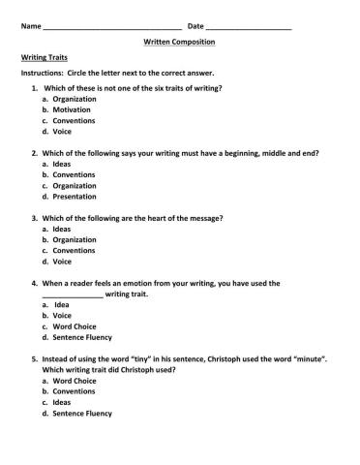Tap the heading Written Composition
pyautogui.click(x=179, y=43)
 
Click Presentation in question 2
pyautogui.click(x=75, y=197)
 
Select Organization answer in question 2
pyautogui.click(x=75, y=185)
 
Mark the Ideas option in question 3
pyautogui.click(x=62, y=229)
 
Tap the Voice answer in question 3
pyautogui.click(x=62, y=261)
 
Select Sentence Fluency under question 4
pyautogui.click(x=82, y=337)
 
